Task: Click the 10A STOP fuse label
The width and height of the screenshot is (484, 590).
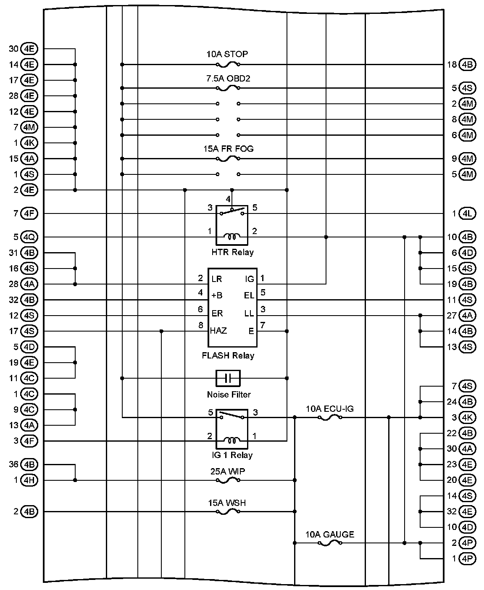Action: tap(227, 54)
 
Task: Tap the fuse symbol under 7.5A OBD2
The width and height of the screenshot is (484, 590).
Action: tap(228, 88)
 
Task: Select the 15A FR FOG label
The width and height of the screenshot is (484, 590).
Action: tap(229, 149)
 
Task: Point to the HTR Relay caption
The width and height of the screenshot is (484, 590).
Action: tap(232, 253)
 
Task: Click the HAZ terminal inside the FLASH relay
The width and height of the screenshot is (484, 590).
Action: tap(218, 331)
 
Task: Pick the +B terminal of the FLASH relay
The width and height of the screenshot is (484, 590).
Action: tap(217, 295)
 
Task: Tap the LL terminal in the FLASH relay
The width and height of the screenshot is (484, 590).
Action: tap(249, 313)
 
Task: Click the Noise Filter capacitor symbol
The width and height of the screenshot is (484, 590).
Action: tap(228, 378)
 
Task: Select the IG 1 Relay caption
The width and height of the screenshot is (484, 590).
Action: tap(232, 455)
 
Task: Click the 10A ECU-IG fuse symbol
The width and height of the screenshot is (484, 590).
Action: tap(329, 418)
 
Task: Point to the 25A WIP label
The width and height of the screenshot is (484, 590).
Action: tap(228, 471)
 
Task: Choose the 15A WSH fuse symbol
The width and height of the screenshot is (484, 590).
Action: tap(228, 511)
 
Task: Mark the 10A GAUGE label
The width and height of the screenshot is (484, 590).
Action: tap(329, 535)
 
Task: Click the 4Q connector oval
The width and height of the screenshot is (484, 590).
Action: tap(29, 237)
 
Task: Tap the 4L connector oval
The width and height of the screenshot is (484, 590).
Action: tap(467, 213)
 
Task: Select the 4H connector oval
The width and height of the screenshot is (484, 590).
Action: tap(29, 480)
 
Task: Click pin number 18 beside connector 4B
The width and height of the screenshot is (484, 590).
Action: tap(452, 65)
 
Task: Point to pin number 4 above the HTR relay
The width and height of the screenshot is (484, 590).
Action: tap(228, 199)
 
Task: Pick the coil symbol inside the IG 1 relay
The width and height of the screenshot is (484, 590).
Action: tap(232, 440)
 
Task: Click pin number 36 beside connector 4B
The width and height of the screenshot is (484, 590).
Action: tap(14, 464)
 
